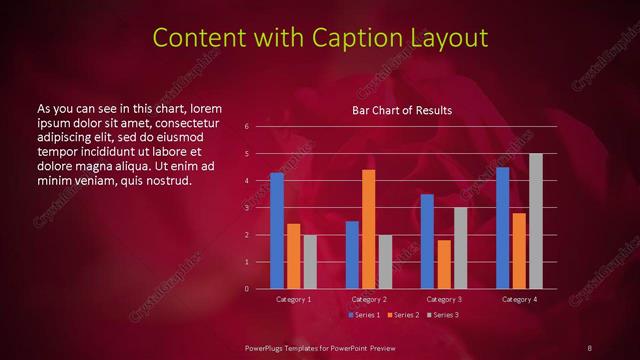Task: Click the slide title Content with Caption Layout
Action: [x=319, y=38]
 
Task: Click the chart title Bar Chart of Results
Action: [x=402, y=110]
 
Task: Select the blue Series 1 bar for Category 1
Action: [x=277, y=231]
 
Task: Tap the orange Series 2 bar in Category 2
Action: [x=369, y=229]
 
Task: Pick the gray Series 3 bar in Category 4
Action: [x=536, y=221]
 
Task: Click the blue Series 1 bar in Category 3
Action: [x=427, y=241]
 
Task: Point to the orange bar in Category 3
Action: [x=444, y=264]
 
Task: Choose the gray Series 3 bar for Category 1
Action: [x=310, y=262]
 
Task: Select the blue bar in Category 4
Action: [x=502, y=228]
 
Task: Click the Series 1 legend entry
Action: [x=364, y=315]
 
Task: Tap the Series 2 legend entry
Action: [x=402, y=315]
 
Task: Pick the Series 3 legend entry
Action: [x=441, y=315]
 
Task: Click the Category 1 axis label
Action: [x=294, y=299]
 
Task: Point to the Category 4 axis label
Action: [x=519, y=299]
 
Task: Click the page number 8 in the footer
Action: [x=589, y=347]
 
